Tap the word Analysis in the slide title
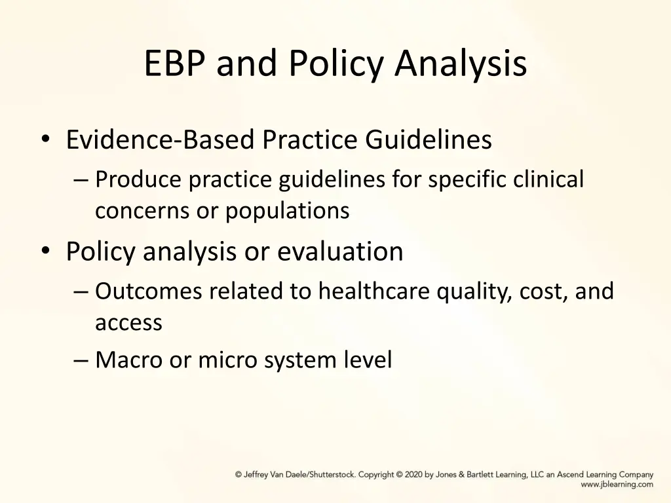click(x=461, y=64)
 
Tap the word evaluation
click(x=340, y=251)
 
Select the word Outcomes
click(x=149, y=291)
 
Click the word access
click(x=128, y=322)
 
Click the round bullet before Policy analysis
click(x=45, y=251)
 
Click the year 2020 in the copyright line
click(x=414, y=475)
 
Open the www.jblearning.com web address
click(x=617, y=485)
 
